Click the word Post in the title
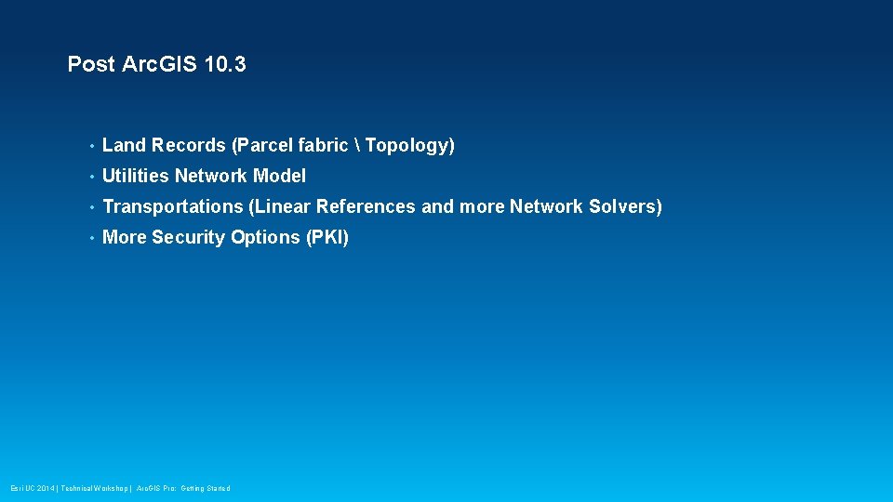(91, 64)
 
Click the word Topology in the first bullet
(407, 145)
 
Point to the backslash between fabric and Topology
(357, 145)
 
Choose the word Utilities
(136, 176)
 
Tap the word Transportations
(172, 206)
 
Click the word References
(367, 206)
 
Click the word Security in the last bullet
(189, 237)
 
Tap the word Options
(265, 237)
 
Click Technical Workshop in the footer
(94, 488)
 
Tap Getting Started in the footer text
(206, 488)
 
